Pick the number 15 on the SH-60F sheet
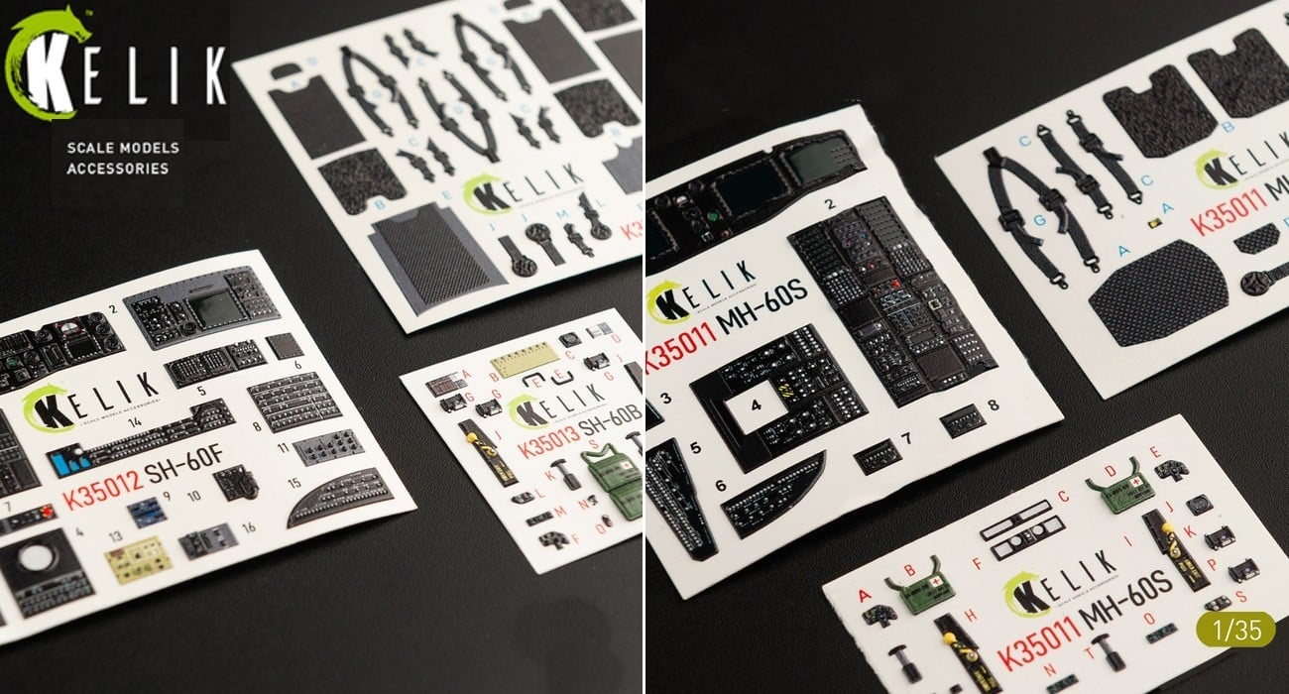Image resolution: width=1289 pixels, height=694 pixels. [x=293, y=482]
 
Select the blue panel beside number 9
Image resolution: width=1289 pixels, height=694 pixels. [x=145, y=512]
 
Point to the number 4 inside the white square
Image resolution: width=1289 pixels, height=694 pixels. [x=755, y=405]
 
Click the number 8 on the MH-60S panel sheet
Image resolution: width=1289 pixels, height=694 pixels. [x=994, y=405]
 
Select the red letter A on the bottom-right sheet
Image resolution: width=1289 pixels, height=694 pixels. [x=864, y=595]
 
